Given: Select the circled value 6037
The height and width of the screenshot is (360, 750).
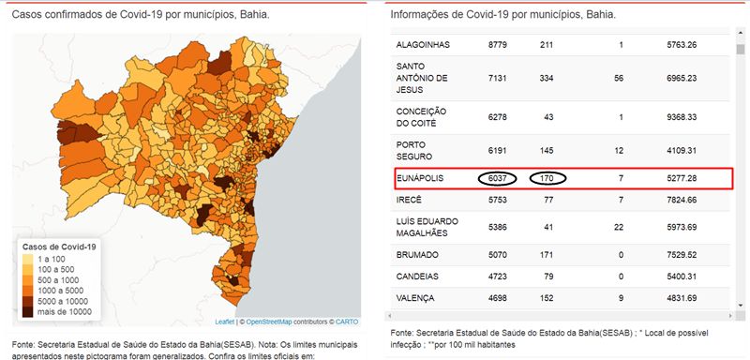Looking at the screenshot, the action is tap(498, 178).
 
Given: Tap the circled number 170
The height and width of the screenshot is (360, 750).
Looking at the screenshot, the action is tap(547, 178).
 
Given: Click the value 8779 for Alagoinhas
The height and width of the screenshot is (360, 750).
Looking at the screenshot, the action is tap(498, 45).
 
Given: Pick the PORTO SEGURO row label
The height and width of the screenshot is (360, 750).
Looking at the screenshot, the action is tap(414, 151).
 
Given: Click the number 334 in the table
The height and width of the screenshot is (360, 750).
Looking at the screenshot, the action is tap(547, 78).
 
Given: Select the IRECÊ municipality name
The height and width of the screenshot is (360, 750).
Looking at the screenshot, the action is tap(409, 200).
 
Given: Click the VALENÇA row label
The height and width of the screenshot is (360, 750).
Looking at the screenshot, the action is tap(415, 298).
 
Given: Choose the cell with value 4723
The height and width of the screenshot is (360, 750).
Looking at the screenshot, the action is tap(498, 277).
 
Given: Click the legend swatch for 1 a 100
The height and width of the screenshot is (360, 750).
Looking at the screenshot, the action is tap(28, 259).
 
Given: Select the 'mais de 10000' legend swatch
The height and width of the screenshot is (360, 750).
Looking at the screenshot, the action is tap(28, 311).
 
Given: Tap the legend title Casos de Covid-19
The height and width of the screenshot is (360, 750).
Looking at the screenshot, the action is tap(59, 247).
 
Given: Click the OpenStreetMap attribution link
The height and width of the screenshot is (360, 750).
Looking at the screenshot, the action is tap(269, 322).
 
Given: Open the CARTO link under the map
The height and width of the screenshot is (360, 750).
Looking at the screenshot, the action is tap(346, 322).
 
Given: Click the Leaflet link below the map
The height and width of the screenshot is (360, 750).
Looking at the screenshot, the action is tap(225, 322).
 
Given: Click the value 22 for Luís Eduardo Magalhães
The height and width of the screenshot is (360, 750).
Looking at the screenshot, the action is tap(619, 227).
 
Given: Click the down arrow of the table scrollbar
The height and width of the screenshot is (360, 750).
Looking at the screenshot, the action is tap(741, 305).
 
